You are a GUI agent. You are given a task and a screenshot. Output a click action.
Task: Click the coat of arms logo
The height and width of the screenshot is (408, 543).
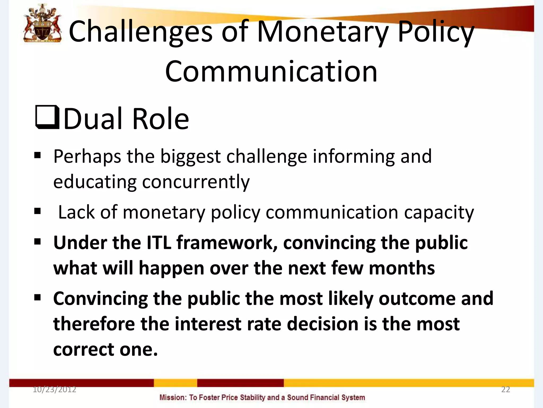pyautogui.click(x=42, y=24)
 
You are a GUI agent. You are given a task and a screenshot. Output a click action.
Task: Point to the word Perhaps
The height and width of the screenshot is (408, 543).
pyautogui.click(x=87, y=157)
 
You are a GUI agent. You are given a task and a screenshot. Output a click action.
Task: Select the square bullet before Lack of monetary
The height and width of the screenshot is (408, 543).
pyautogui.click(x=38, y=211)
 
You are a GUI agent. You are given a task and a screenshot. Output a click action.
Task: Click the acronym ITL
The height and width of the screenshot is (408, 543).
pyautogui.click(x=159, y=243)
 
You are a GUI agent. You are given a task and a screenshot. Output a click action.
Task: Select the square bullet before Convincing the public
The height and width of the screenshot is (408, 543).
pyautogui.click(x=38, y=297)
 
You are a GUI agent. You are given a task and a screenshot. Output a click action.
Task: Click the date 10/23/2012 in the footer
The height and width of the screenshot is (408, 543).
pyautogui.click(x=54, y=389)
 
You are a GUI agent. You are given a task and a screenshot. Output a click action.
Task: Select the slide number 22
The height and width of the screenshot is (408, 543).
pyautogui.click(x=505, y=389)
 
